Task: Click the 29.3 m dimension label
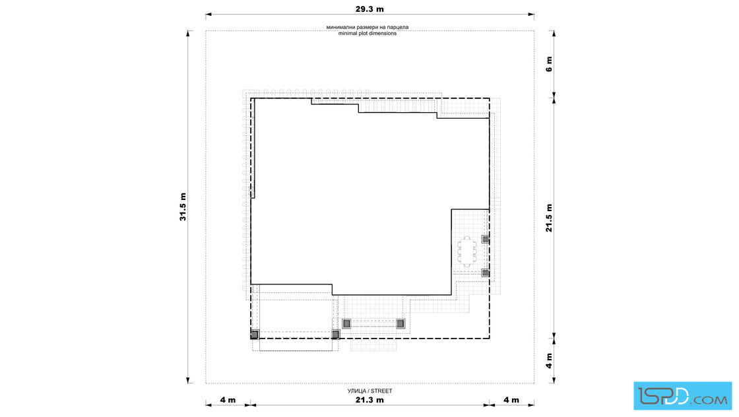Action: [x=369, y=9]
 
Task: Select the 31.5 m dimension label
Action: [x=183, y=207]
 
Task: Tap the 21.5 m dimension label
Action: [x=549, y=218]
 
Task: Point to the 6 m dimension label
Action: [x=549, y=63]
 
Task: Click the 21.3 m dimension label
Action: [x=369, y=400]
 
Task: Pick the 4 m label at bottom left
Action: [x=228, y=400]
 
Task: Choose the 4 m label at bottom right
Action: [x=511, y=400]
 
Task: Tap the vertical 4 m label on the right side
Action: [x=549, y=360]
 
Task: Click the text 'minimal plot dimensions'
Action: [x=368, y=34]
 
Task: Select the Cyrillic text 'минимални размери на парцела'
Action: [x=368, y=27]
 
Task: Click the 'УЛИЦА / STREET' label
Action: [x=370, y=391]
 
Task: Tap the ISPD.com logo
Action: [x=682, y=396]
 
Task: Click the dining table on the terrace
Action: [x=466, y=251]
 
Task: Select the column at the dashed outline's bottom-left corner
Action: [x=255, y=335]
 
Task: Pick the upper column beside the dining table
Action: [x=486, y=240]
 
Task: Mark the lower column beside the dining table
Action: [x=486, y=273]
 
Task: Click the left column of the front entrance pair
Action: [x=346, y=324]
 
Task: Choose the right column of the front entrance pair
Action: [x=400, y=324]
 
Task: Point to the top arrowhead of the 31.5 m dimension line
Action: [x=188, y=34]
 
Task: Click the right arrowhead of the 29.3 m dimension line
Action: [x=531, y=15]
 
